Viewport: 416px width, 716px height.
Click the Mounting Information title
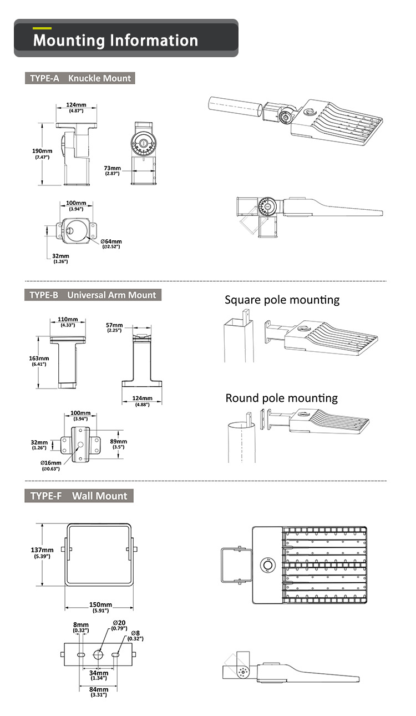[115, 41]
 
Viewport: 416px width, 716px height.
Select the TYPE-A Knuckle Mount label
[80, 78]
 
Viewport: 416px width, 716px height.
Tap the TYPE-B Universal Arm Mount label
[93, 295]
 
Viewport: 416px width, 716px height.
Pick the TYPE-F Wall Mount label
[79, 496]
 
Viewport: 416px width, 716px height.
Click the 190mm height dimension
[42, 151]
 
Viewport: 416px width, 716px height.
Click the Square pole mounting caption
[282, 300]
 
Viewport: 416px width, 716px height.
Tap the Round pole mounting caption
[281, 398]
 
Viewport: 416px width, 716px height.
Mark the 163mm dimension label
[39, 358]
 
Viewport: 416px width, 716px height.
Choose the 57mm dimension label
[115, 324]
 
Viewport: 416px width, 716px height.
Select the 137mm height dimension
[42, 550]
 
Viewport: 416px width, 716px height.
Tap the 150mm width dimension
[101, 604]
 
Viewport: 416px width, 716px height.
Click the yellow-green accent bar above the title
[42, 28]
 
